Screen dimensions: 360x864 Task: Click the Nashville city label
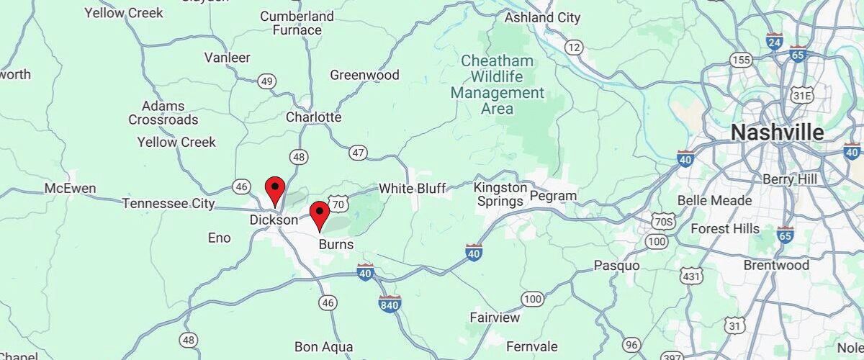click(777, 133)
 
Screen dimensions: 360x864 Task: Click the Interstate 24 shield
click(775, 42)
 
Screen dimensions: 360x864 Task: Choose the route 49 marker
click(267, 81)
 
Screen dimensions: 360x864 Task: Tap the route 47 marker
click(358, 153)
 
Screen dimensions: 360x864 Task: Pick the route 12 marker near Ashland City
click(573, 48)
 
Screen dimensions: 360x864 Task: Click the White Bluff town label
click(413, 189)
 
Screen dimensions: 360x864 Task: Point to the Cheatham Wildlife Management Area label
click(498, 84)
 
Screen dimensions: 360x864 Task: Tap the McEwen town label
click(70, 189)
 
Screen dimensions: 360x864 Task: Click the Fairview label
click(495, 318)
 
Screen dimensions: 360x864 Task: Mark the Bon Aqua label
click(323, 347)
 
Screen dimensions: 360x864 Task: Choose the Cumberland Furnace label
click(297, 23)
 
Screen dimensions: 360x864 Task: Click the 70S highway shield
click(662, 220)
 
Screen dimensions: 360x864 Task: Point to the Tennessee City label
click(168, 204)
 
